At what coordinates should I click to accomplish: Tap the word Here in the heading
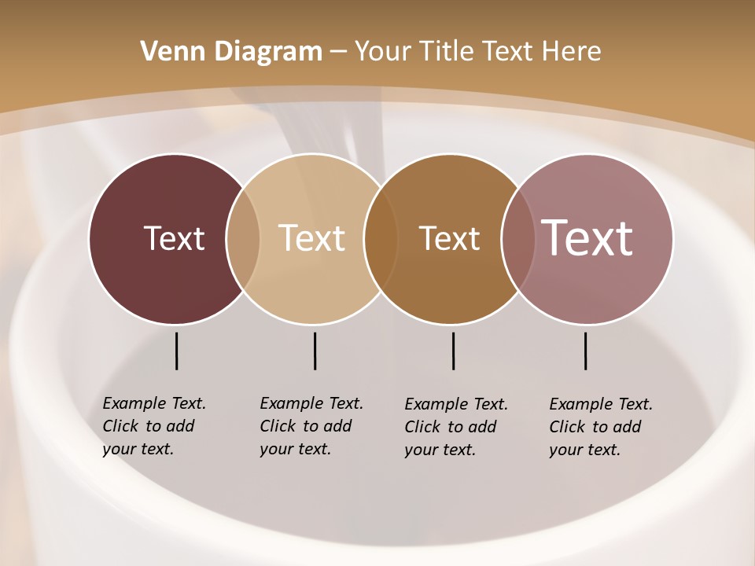[572, 52]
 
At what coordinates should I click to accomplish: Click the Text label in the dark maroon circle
[174, 238]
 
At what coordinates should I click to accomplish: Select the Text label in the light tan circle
[311, 238]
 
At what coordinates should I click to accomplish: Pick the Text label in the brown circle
[449, 238]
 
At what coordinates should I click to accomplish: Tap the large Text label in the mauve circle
[587, 237]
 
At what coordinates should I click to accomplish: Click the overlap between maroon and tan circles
[243, 238]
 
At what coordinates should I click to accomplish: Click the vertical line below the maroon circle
[176, 351]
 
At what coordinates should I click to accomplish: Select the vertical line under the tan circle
[315, 351]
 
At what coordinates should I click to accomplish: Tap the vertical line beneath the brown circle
[453, 351]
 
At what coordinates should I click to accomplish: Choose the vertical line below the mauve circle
[585, 351]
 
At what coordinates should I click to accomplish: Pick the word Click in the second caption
[277, 426]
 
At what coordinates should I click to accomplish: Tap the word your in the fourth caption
[565, 450]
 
